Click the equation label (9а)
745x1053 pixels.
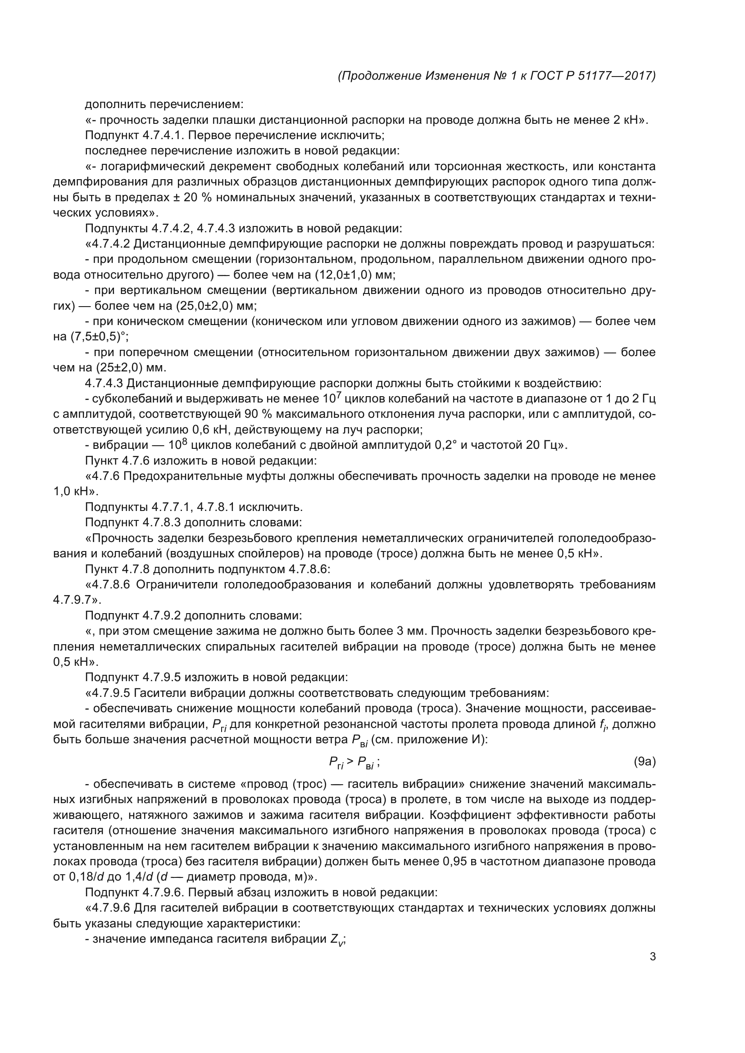[x=645, y=762]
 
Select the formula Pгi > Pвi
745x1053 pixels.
[x=354, y=763]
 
